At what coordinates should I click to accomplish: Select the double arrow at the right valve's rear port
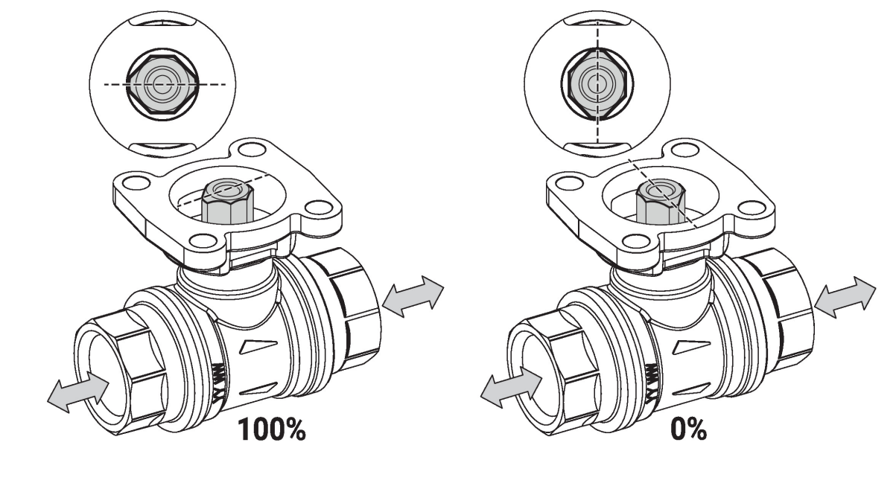[x=846, y=298]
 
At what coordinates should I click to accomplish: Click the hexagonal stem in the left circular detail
[x=162, y=85]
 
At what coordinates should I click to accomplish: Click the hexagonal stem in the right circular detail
[x=596, y=85]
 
